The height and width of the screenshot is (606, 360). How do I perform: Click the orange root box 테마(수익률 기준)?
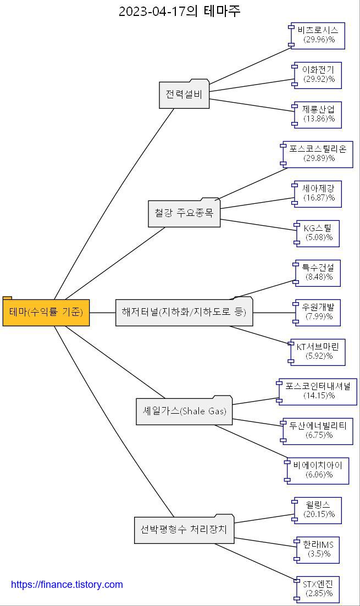[x=46, y=313]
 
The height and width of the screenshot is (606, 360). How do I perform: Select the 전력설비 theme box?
[x=184, y=94]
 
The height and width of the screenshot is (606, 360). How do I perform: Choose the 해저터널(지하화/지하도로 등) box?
[x=184, y=313]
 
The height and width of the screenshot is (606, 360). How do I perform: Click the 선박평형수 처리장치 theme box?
[x=184, y=530]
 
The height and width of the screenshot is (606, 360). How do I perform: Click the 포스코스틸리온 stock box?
[x=318, y=154]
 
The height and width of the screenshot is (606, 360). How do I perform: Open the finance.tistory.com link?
[x=67, y=585]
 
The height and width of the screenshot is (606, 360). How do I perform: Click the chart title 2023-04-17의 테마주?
[x=180, y=11]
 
